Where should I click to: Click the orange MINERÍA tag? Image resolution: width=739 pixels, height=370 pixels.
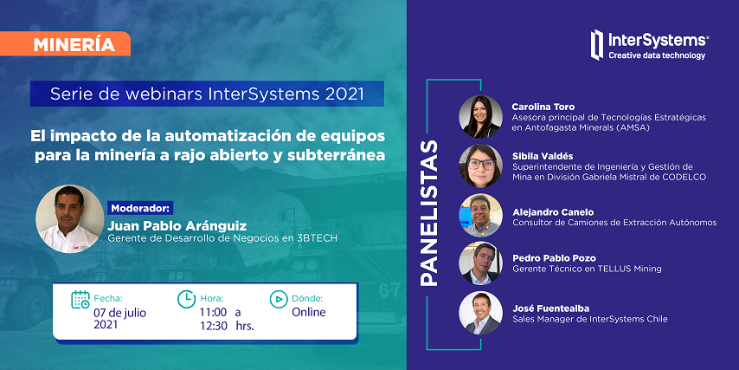[65, 44]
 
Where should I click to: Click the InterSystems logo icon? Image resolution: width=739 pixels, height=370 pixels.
[597, 45]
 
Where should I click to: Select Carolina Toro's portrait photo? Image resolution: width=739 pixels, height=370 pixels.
[480, 117]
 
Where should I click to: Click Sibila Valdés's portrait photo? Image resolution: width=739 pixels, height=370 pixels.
[480, 166]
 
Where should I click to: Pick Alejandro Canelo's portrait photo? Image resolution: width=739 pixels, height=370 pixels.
[480, 215]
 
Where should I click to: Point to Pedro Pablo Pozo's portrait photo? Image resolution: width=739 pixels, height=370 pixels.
[480, 263]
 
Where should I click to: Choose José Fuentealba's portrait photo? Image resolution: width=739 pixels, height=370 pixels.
[480, 313]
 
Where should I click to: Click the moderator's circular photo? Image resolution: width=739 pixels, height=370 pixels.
[70, 219]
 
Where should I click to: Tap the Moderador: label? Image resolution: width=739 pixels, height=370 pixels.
[141, 208]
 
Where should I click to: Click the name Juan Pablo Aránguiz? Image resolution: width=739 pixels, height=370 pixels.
[177, 225]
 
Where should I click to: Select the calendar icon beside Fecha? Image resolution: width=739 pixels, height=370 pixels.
[80, 300]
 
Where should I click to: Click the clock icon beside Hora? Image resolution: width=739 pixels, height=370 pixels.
[187, 299]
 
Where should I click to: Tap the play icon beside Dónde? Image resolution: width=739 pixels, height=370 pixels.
[279, 299]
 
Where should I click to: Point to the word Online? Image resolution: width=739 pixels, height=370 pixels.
[309, 312]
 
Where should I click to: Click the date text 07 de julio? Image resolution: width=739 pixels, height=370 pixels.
[119, 313]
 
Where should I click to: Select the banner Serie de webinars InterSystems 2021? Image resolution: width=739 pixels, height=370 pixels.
[207, 94]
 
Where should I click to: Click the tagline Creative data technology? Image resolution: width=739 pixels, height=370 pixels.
[657, 55]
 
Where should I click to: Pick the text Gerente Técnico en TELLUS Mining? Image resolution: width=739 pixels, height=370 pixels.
[587, 269]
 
